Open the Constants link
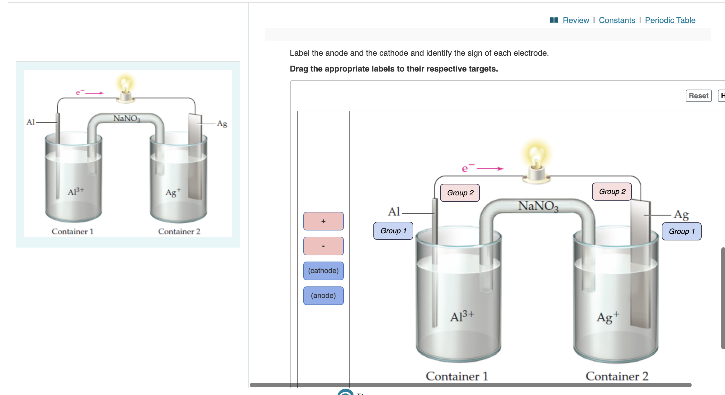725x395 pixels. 617,20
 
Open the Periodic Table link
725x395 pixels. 670,20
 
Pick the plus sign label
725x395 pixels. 323,221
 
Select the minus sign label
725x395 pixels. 323,246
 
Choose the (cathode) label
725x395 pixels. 323,271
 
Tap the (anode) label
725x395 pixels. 323,295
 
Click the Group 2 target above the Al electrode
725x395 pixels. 460,193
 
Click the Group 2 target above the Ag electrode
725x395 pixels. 612,192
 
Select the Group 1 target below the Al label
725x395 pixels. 393,231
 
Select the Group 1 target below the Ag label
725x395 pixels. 681,231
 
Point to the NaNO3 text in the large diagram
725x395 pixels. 538,206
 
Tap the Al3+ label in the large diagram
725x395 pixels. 462,316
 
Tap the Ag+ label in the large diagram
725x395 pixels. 608,317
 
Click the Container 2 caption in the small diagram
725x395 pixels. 179,231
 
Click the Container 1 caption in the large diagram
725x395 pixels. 457,376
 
